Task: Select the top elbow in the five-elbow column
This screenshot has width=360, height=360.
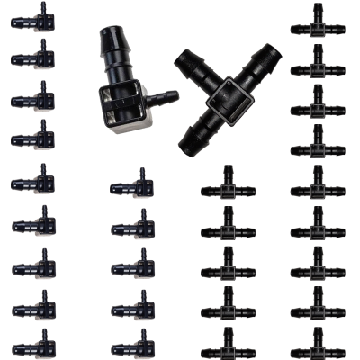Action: [130, 184]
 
